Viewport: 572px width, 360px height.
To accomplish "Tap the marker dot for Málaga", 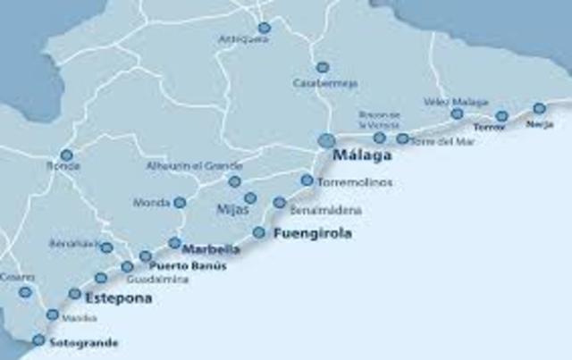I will coord(327,140).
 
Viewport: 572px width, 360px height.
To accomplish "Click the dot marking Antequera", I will coord(264,28).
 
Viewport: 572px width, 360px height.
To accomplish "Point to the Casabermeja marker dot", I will coord(323,67).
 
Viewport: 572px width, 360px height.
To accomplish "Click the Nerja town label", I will coord(540,124).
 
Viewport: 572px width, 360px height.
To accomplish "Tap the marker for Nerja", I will coord(539,108).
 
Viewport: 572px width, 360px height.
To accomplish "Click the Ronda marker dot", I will coord(66,155).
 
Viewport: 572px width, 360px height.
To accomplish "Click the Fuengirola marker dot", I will coord(259,232).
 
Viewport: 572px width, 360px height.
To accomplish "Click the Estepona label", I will coord(119,299).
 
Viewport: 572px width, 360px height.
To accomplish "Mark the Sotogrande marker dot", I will coord(38,339).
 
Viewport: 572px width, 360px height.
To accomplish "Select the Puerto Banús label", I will coord(188,266).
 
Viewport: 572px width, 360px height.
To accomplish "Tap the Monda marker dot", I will coord(180,203).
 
